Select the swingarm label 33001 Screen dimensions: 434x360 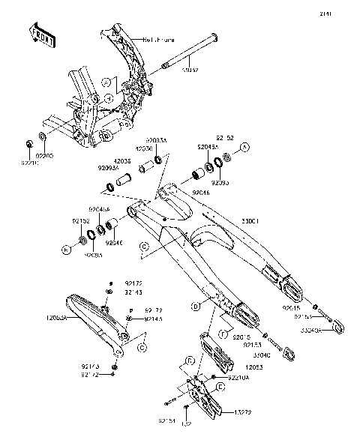pyautogui.click(x=250, y=222)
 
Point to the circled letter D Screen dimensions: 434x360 pyautogui.click(x=195, y=306)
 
